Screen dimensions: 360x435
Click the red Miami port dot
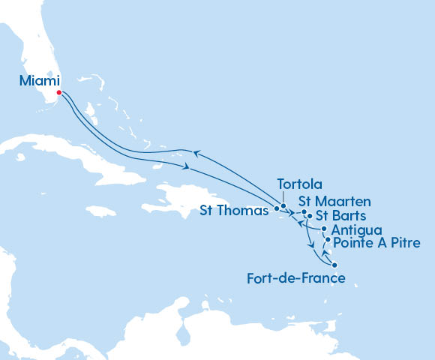pyautogui.click(x=59, y=93)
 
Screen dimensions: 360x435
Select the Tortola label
pyautogui.click(x=300, y=184)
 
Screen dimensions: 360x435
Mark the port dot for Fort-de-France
pyautogui.click(x=334, y=265)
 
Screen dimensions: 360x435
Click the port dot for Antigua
pyautogui.click(x=323, y=229)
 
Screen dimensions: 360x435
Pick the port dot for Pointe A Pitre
pyautogui.click(x=327, y=240)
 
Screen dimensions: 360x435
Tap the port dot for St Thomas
pyautogui.click(x=277, y=208)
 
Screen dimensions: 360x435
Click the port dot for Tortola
pyautogui.click(x=283, y=205)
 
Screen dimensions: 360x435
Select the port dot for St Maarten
pyautogui.click(x=304, y=211)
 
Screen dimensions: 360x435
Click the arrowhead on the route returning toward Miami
pyautogui.click(x=196, y=153)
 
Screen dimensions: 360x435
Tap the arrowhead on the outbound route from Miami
pyautogui.click(x=184, y=166)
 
